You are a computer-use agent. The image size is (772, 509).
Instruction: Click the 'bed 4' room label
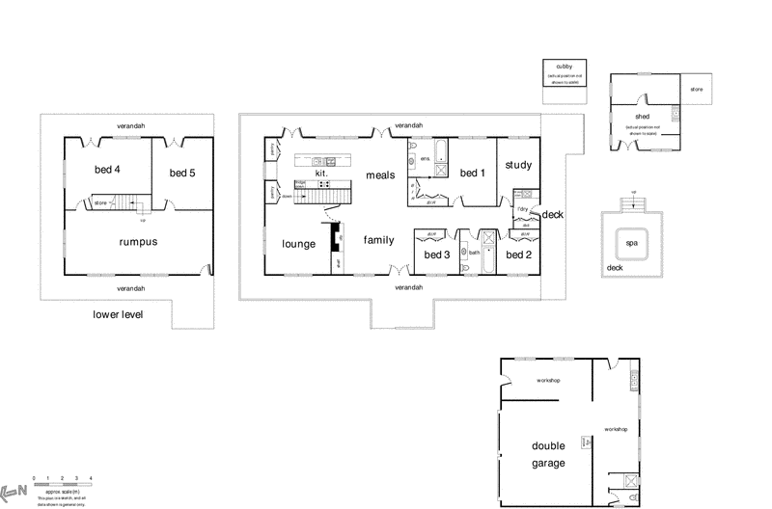107,171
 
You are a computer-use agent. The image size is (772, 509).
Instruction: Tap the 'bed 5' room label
182,173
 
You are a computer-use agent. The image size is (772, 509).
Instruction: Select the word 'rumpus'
138,242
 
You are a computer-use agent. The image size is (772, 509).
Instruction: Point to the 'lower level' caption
118,314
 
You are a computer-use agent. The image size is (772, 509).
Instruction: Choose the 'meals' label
381,174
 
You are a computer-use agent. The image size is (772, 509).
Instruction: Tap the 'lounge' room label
299,244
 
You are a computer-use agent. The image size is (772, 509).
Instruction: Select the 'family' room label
378,239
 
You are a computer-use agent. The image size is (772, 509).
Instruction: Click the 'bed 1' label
471,173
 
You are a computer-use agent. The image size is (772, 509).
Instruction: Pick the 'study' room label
518,165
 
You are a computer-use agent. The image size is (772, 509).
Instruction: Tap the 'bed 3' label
437,254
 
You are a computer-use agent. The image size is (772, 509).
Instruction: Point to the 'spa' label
632,244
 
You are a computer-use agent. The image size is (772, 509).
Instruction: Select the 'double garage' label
548,454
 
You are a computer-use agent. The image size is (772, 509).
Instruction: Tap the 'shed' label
643,116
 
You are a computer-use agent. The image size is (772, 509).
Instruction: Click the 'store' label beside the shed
697,90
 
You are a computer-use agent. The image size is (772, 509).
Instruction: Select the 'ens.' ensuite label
425,158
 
